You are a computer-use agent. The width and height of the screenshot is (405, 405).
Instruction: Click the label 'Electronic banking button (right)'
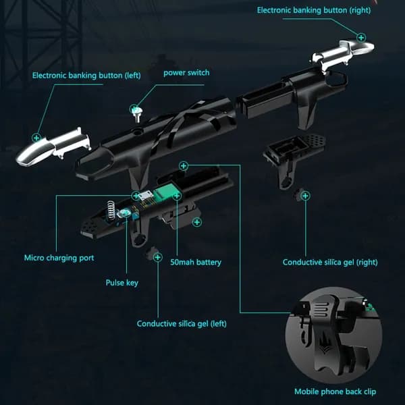coord(314,10)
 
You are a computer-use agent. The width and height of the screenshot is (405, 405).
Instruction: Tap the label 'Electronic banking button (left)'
coord(86,76)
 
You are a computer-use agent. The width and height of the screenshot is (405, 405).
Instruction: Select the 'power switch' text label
coord(186,73)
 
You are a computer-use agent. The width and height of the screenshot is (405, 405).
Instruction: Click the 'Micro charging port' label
coord(59,258)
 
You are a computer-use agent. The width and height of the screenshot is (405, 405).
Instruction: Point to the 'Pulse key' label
coord(122,283)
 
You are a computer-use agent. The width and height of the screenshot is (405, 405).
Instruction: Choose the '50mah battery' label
coord(196,262)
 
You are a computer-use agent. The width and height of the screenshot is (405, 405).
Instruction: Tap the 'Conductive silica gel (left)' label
coord(182,323)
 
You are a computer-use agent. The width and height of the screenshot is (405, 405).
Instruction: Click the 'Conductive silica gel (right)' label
coord(330,262)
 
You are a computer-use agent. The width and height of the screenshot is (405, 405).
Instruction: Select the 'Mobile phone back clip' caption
coord(335,391)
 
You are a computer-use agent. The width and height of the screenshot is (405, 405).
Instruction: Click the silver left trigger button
coord(53,146)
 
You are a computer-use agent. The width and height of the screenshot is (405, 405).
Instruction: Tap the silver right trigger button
coord(342,53)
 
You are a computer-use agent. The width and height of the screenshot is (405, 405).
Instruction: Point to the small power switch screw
coord(136,114)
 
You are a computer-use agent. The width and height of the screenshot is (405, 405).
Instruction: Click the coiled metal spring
coord(111,211)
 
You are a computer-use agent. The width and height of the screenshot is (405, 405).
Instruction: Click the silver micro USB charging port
coord(145,196)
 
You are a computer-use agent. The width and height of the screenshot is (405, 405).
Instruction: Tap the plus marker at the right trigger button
coord(361,38)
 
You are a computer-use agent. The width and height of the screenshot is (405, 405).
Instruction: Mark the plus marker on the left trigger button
coord(36,138)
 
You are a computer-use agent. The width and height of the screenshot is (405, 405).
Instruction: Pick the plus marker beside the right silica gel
coord(305,196)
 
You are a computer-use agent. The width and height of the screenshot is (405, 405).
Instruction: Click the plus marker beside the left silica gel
coord(157,257)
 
